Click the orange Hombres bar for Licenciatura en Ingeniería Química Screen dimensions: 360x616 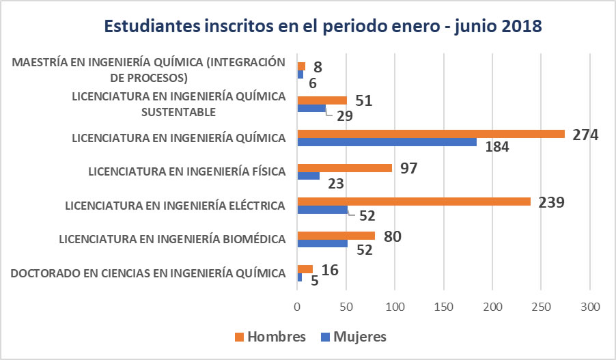pyautogui.click(x=431, y=134)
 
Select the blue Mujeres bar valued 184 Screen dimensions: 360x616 pyautogui.click(x=387, y=142)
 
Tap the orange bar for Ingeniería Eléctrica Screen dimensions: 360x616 pyautogui.click(x=414, y=202)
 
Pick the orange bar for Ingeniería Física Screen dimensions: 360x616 pyautogui.click(x=345, y=168)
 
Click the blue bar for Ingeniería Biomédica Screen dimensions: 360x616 pyautogui.click(x=322, y=243)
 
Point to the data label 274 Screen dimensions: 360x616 pyautogui.click(x=585, y=135)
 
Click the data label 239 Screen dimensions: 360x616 pyautogui.click(x=551, y=202)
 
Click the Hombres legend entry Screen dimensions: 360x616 pyautogui.click(x=269, y=336)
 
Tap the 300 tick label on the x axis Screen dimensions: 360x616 pyautogui.click(x=590, y=307)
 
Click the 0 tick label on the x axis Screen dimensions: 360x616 pyautogui.click(x=297, y=307)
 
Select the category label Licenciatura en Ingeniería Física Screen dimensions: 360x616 pyautogui.click(x=186, y=171)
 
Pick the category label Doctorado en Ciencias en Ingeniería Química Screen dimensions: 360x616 pyautogui.click(x=148, y=273)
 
